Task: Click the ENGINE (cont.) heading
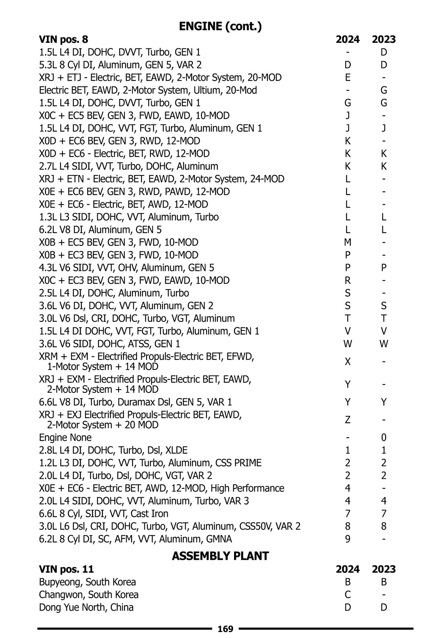tap(220, 26)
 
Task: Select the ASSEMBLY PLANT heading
tap(220, 556)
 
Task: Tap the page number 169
tap(226, 629)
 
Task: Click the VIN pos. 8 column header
tap(63, 40)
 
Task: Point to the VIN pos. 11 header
tap(66, 569)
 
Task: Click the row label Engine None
tap(65, 438)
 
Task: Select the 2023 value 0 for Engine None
tap(384, 438)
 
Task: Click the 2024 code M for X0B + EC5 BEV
tap(347, 243)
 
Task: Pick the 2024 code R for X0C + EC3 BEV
tap(347, 281)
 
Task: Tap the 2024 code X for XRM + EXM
tap(347, 362)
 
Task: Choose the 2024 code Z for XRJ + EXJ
tap(347, 420)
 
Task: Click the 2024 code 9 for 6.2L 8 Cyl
tap(347, 539)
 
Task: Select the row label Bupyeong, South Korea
tap(87, 582)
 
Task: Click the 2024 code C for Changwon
tap(347, 595)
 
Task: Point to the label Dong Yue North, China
tap(86, 607)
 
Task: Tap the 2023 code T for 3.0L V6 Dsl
tap(384, 318)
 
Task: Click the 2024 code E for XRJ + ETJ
tap(347, 78)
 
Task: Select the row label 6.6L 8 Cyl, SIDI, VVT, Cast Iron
tap(104, 514)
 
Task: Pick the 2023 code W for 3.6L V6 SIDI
tap(384, 344)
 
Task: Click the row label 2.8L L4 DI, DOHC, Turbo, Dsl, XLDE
tap(113, 450)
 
